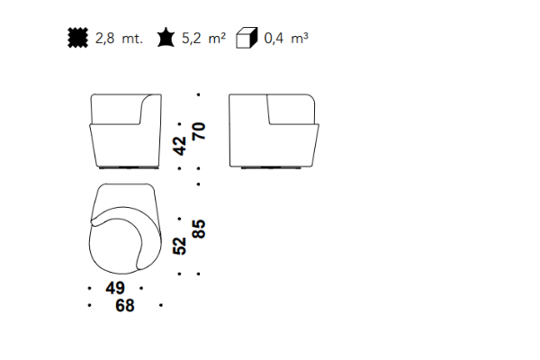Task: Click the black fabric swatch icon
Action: tap(77, 38)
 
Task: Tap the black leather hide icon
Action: tap(166, 37)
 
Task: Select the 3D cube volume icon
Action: tap(247, 38)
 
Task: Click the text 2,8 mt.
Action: tap(119, 38)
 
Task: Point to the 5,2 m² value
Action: tap(203, 38)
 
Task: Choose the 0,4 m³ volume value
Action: tap(286, 38)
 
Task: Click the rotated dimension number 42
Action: tap(180, 146)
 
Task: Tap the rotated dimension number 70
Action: tap(199, 131)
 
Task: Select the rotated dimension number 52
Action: tap(180, 246)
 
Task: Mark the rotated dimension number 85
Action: tap(199, 229)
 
